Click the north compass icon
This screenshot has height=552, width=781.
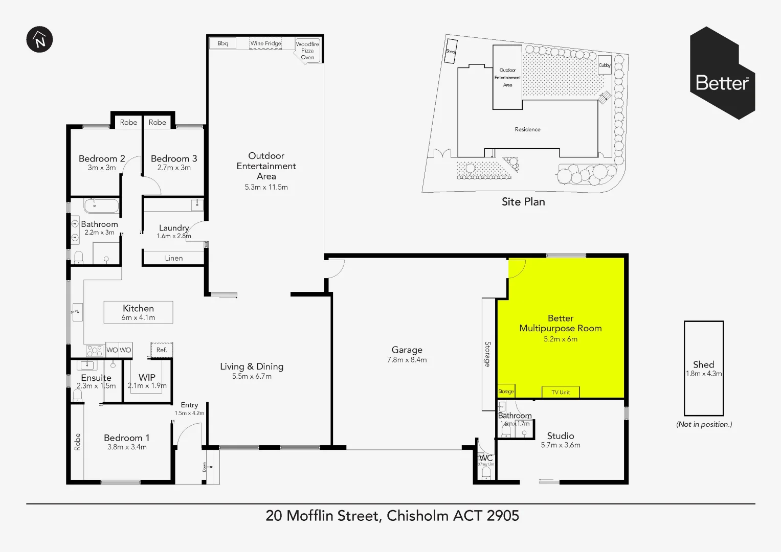pos(39,39)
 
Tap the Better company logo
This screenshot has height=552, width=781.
pos(722,73)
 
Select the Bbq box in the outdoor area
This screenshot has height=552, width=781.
pos(222,43)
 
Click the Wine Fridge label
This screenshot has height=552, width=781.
pos(265,43)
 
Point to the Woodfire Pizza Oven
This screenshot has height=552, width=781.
pos(307,51)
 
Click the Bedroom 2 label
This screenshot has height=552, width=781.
pos(102,158)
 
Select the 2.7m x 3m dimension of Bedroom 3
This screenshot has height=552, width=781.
pos(174,168)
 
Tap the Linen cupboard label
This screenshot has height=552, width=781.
pos(174,258)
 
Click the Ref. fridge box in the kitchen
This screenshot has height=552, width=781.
pos(162,350)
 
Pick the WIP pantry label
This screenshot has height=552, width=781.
pos(147,378)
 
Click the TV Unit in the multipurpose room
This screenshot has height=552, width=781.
pos(561,392)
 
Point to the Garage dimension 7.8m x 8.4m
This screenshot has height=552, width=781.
pos(407,360)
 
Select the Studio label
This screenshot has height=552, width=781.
pos(561,436)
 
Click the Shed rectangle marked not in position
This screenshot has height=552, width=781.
pos(703,368)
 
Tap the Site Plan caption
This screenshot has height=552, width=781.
pos(523,202)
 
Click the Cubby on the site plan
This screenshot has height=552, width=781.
pos(605,65)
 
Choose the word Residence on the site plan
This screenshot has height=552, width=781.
pos(527,129)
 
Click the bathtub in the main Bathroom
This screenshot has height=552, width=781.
pos(101,206)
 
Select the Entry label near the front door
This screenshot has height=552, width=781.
pos(189,405)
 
